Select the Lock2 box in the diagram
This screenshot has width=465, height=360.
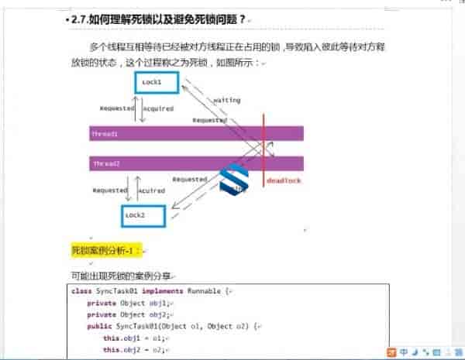point(144,216)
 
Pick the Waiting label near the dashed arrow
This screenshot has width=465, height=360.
point(226,101)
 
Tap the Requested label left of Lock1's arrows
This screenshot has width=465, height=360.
point(117,108)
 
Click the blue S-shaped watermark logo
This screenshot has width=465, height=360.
point(234,179)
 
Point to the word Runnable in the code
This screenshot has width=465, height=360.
point(204,291)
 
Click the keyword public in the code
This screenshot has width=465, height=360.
point(100,327)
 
